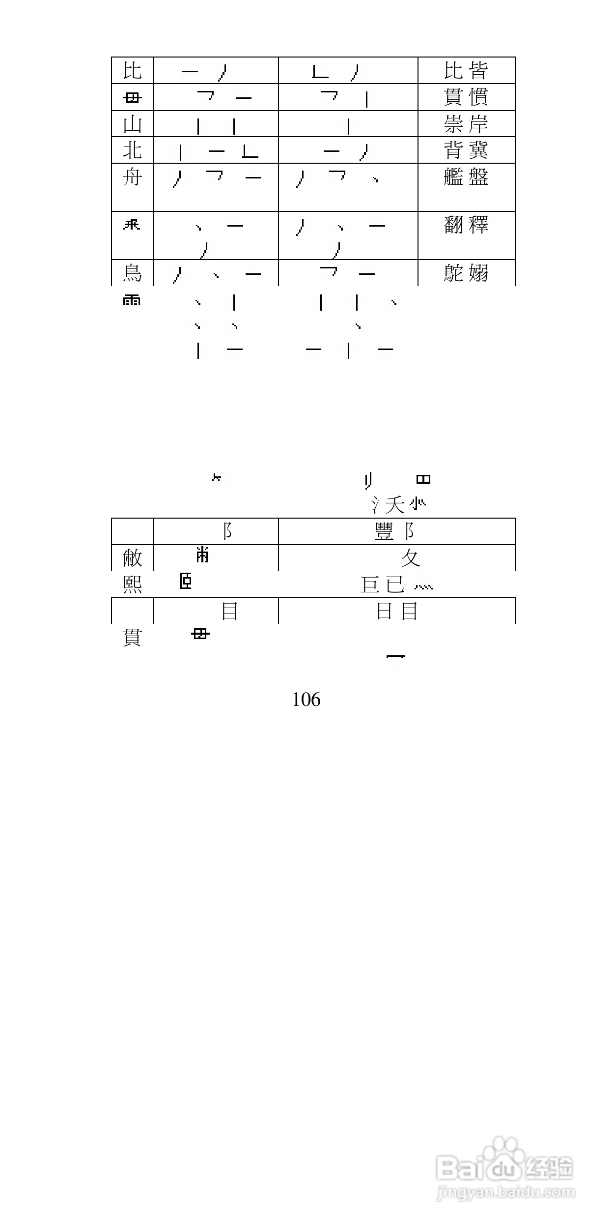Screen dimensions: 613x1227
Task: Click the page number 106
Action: tap(306, 699)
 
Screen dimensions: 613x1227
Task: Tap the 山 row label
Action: tap(132, 124)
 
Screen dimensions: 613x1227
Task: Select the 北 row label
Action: tap(132, 150)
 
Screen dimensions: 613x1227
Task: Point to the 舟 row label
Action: tap(132, 177)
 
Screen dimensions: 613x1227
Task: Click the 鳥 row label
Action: tap(132, 273)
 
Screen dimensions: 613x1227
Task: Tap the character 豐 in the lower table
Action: tap(384, 531)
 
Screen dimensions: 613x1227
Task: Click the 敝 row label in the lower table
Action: tap(132, 558)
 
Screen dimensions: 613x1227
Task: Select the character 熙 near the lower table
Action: tap(132, 584)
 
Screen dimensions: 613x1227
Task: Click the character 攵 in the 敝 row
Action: tap(410, 558)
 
